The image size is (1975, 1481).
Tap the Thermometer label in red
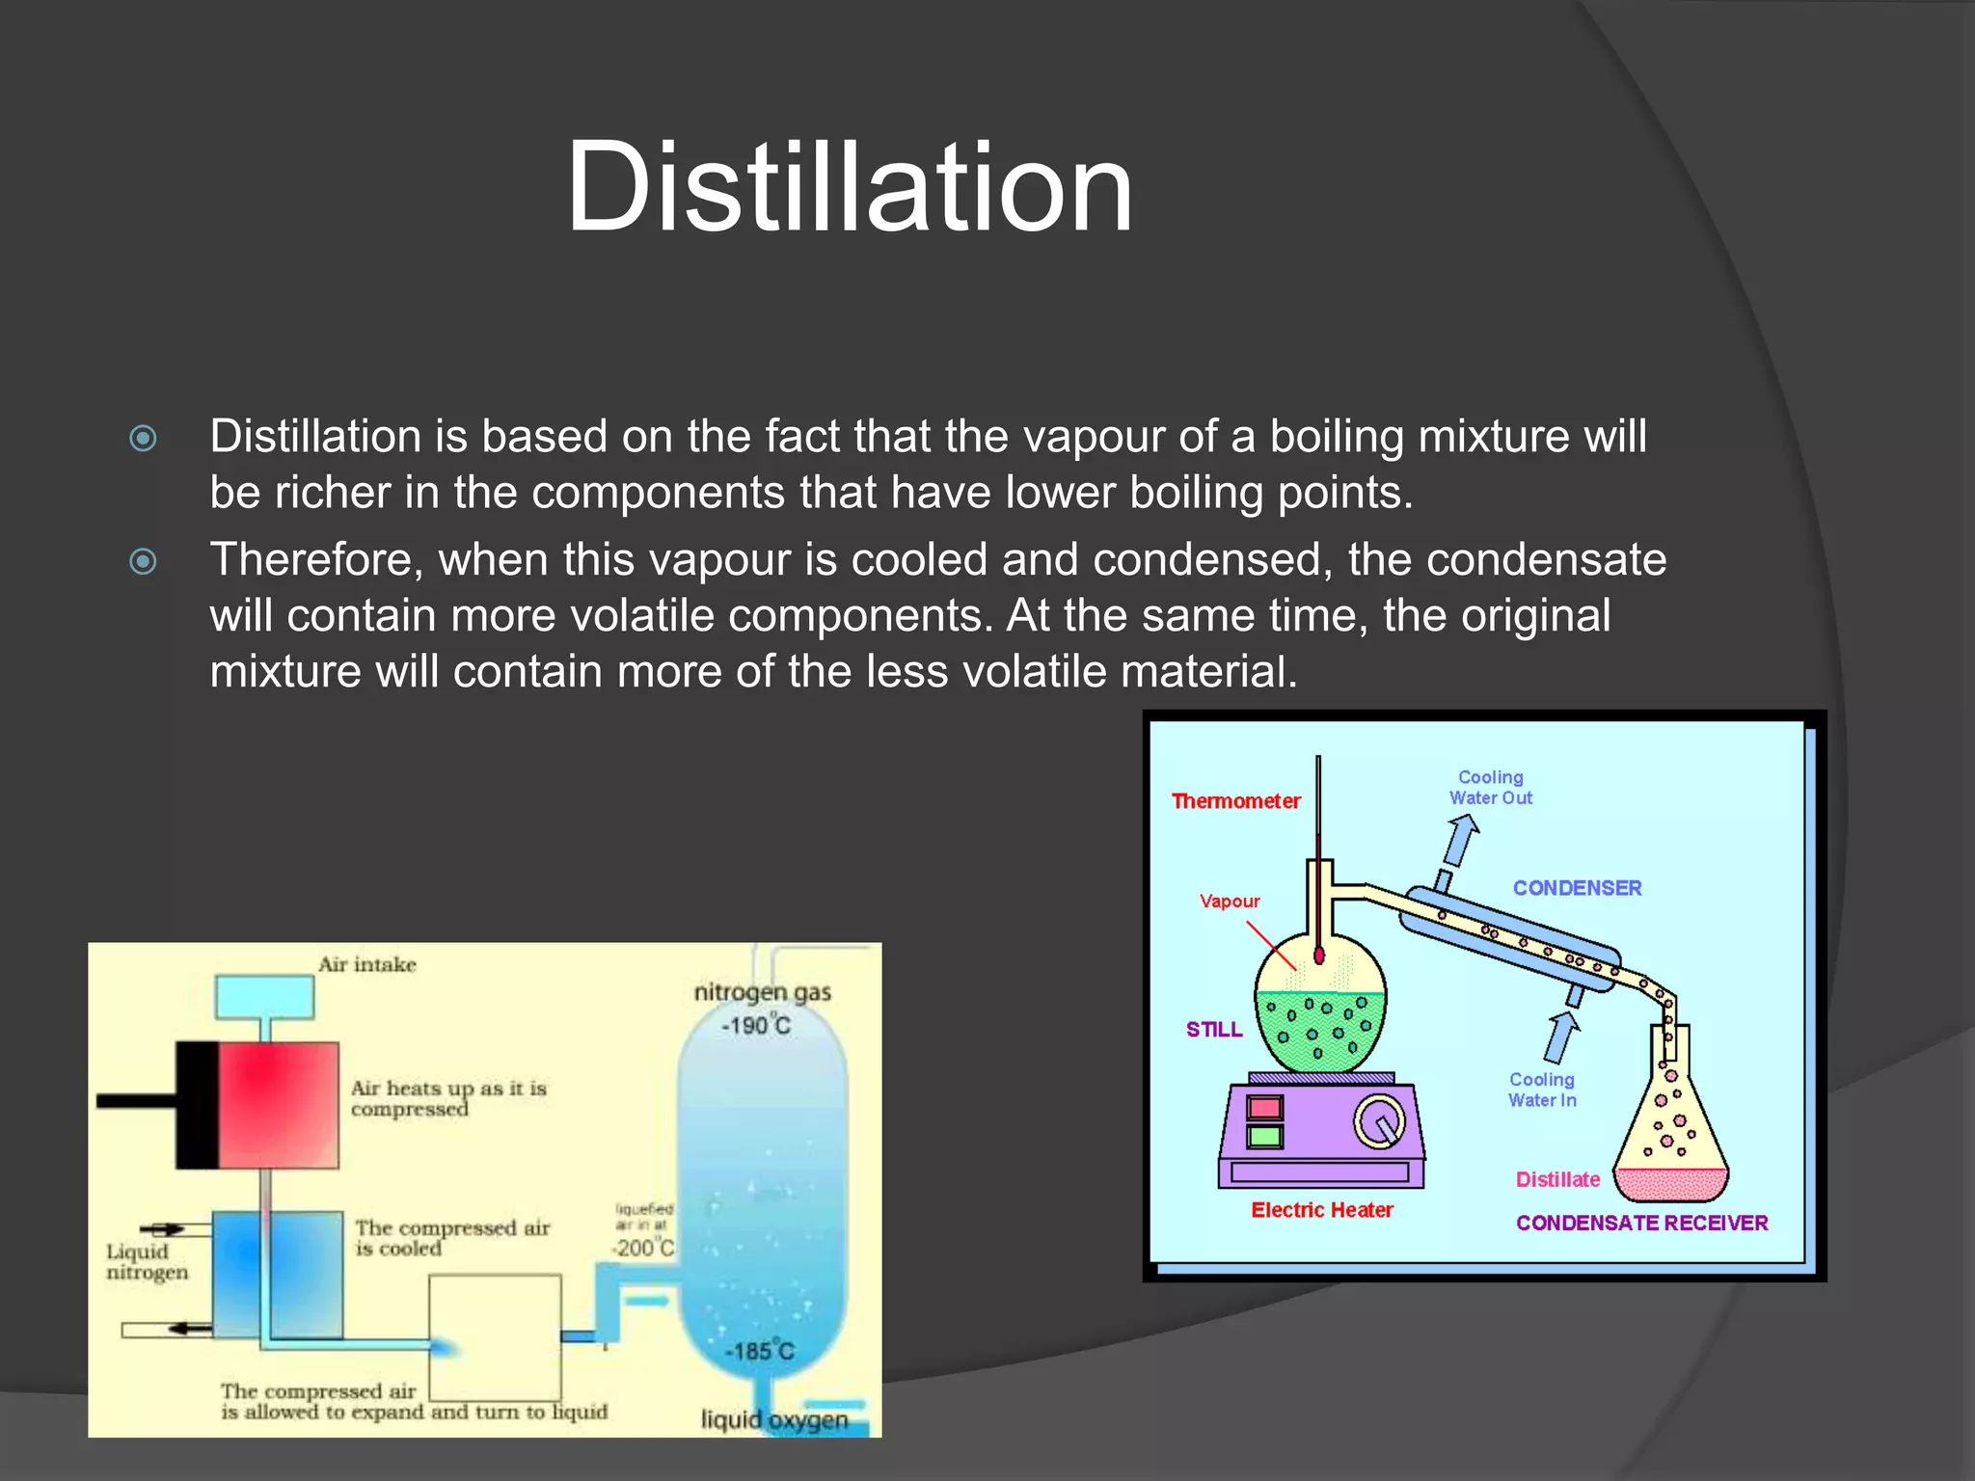click(x=1235, y=801)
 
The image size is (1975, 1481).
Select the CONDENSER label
click(x=1577, y=888)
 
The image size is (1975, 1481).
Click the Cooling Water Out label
click(x=1490, y=788)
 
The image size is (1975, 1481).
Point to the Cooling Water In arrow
click(x=1561, y=1036)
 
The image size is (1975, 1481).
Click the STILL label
click(x=1214, y=1030)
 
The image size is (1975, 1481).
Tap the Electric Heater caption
click(x=1322, y=1210)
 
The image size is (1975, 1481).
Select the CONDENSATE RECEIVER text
click(x=1641, y=1224)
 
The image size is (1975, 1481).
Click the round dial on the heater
click(x=1380, y=1122)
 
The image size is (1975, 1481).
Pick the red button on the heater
click(x=1264, y=1107)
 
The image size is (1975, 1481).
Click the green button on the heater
click(x=1264, y=1136)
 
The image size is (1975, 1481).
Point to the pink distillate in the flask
click(x=1671, y=1184)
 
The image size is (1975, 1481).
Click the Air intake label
click(x=367, y=964)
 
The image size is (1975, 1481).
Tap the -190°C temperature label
click(x=756, y=1025)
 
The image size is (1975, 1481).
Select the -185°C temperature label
click(x=760, y=1351)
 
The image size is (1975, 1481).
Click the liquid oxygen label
click(x=774, y=1419)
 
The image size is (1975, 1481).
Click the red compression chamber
click(x=279, y=1105)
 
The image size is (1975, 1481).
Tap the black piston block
click(x=197, y=1105)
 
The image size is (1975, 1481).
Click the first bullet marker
click(x=143, y=439)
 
